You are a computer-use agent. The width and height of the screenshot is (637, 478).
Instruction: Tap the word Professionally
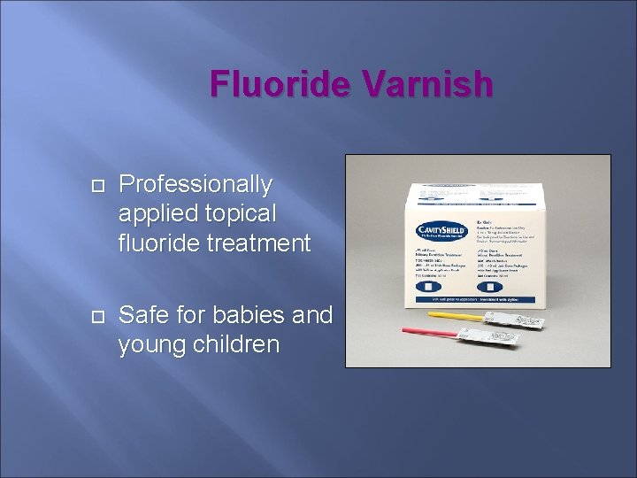[x=196, y=184]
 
